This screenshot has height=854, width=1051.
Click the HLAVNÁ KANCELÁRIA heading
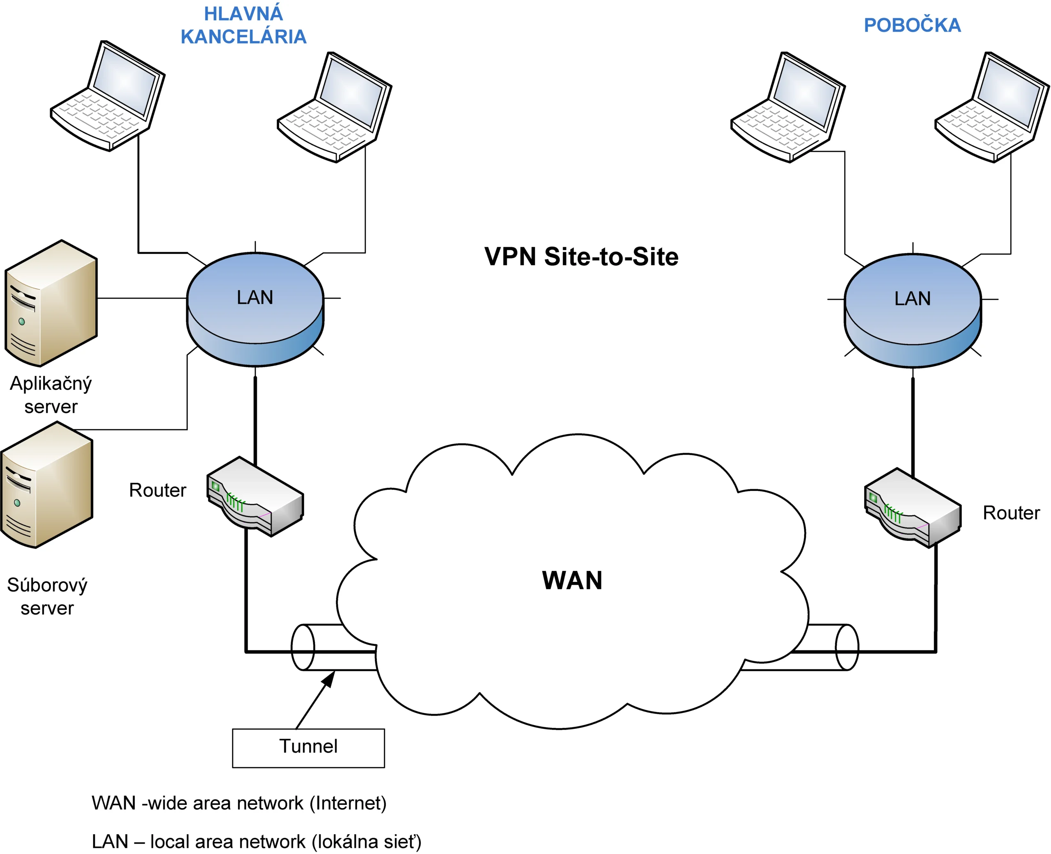243,25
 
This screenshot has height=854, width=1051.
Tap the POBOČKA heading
912,25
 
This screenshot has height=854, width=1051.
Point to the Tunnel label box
308,748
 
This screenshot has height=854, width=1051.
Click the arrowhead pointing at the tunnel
329,679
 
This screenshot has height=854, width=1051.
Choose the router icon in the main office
255,497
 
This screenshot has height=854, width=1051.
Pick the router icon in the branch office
912,508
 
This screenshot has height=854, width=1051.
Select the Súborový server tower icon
47,485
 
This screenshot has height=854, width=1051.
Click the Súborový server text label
47,597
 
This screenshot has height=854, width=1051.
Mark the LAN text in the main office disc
255,298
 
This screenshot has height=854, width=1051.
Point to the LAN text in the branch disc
912,299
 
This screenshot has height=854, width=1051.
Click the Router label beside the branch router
1011,513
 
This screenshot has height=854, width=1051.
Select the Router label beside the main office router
158,490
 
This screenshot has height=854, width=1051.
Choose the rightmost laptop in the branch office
991,107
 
